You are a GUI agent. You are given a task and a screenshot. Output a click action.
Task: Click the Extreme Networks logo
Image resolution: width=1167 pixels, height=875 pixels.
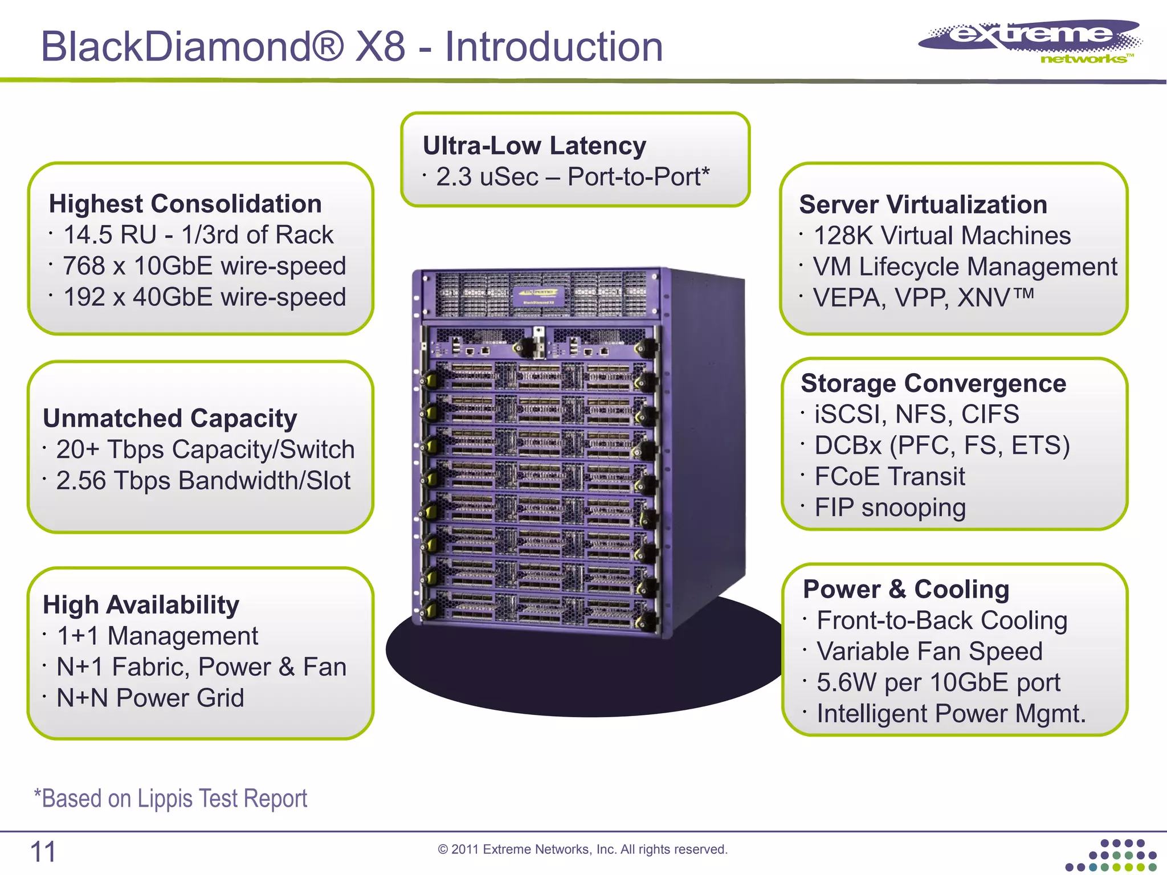coord(1030,41)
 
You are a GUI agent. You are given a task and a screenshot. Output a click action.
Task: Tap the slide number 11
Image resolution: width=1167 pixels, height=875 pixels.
coord(43,852)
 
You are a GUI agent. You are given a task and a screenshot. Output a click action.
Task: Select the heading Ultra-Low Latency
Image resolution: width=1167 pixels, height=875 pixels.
coord(534,146)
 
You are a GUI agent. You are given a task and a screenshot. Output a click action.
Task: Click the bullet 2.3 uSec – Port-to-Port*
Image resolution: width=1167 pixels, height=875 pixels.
coord(572,177)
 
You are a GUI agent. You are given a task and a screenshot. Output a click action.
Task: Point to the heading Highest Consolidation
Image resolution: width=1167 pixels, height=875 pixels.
coord(185,204)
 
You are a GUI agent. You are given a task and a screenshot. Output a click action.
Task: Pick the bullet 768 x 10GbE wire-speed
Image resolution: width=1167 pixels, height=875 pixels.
coord(203,266)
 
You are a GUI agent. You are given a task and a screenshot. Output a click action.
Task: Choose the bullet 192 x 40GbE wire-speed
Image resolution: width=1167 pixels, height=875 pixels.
coord(203,297)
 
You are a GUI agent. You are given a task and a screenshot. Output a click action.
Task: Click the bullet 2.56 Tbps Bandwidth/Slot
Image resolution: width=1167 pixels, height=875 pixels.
coord(202,480)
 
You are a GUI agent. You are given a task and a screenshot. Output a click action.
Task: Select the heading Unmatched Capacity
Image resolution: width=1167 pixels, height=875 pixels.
coord(170,419)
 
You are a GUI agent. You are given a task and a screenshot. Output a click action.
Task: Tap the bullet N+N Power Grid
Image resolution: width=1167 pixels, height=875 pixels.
coord(150,698)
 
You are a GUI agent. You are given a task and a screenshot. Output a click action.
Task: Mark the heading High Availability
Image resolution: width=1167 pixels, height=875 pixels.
coord(141,605)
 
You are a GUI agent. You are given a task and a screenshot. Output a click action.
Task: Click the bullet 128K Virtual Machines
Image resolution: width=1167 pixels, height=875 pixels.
coord(941,236)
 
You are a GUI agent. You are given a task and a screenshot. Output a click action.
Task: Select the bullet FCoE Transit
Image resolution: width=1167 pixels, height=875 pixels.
coord(889,477)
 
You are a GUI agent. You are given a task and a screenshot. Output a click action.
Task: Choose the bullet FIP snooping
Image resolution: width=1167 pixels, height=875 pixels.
coord(889,508)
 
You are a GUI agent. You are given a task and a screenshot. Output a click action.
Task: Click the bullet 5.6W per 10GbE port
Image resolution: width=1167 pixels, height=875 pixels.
coord(938,682)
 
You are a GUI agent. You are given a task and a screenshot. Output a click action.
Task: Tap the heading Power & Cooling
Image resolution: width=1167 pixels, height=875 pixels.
coord(905,590)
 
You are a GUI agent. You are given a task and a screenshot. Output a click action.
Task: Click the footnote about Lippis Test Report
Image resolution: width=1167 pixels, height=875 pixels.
coord(170,799)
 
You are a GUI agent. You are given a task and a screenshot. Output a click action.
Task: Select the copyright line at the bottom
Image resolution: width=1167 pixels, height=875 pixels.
coord(582,849)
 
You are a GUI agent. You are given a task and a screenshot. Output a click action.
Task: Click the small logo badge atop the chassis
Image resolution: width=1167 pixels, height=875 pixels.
coord(538,296)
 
